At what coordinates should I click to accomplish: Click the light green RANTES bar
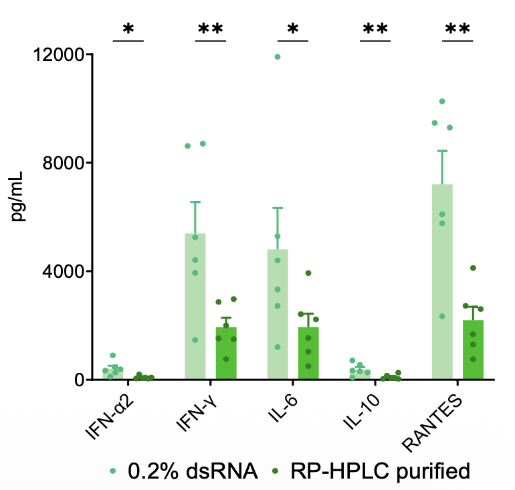point(442,281)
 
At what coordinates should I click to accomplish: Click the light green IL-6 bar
point(278,314)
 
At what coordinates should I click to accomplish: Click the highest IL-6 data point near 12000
point(278,57)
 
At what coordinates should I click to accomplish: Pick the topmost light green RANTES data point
point(442,101)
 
